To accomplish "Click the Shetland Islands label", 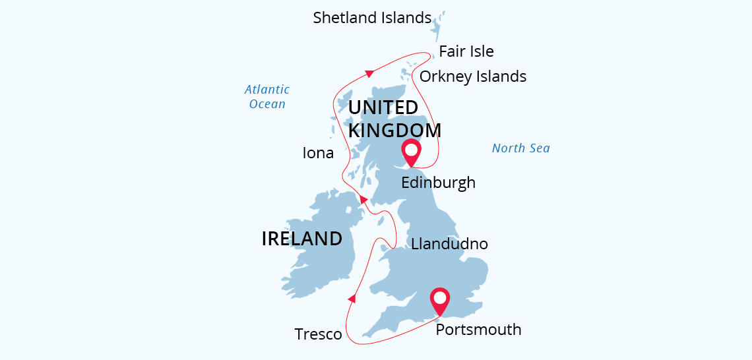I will pyautogui.click(x=372, y=18).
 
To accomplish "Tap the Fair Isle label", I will pyautogui.click(x=466, y=51).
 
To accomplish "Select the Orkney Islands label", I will pyautogui.click(x=472, y=76).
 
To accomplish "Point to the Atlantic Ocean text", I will pyautogui.click(x=267, y=96).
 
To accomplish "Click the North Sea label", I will pyautogui.click(x=520, y=148).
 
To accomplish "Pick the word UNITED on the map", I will pyautogui.click(x=383, y=107).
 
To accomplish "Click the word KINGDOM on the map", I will pyautogui.click(x=394, y=130).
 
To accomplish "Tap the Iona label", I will pyautogui.click(x=317, y=154).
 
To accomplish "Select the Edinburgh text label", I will pyautogui.click(x=438, y=183).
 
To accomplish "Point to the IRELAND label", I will pyautogui.click(x=302, y=239).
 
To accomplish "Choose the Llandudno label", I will pyautogui.click(x=449, y=244).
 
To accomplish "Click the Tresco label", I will pyautogui.click(x=319, y=334).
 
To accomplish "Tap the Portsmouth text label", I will pyautogui.click(x=478, y=329).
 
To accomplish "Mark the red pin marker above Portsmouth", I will pyautogui.click(x=440, y=301).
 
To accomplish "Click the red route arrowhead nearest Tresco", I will pyautogui.click(x=352, y=299).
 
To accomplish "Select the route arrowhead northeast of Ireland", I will pyautogui.click(x=363, y=200).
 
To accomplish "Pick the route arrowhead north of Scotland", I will pyautogui.click(x=369, y=73).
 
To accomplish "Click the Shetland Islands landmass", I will pyautogui.click(x=437, y=23).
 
